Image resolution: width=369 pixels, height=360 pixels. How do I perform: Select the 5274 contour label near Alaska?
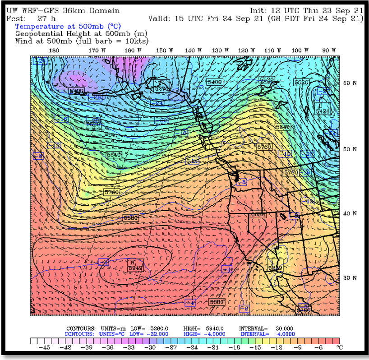161,89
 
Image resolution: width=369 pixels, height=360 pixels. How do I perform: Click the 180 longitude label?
54,51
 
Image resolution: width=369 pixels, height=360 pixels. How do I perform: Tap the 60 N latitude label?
351,83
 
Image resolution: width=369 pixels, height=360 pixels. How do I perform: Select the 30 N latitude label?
351,278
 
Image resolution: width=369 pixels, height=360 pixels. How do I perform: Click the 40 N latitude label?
351,213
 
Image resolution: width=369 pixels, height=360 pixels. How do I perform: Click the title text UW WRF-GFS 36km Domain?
63,10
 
